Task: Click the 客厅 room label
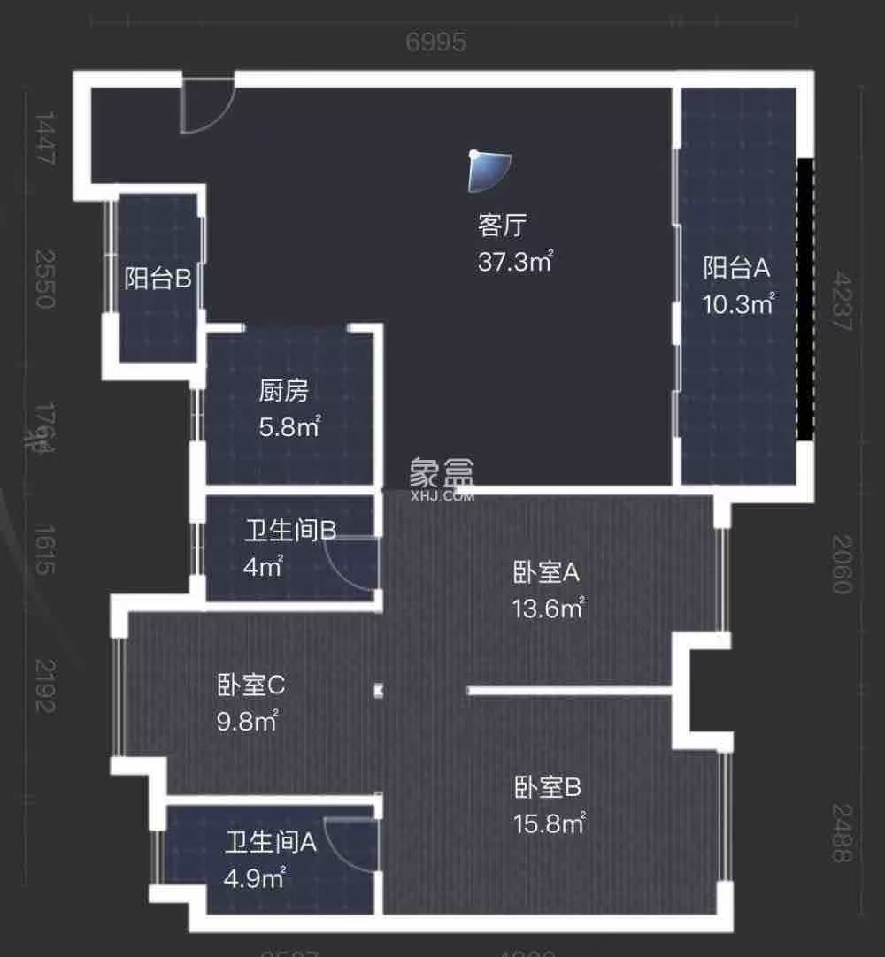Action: (502, 226)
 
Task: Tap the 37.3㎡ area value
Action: (515, 261)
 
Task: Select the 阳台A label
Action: (737, 267)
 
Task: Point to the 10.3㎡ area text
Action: (738, 304)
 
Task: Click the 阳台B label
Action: (158, 279)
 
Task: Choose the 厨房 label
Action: (283, 390)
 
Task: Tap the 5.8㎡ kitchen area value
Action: (289, 427)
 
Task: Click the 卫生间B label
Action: (290, 530)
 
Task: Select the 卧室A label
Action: (546, 572)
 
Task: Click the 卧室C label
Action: (250, 685)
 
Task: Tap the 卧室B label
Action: (547, 786)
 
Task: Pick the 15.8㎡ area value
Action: (549, 823)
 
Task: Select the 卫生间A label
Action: (270, 842)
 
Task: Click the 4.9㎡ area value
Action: (254, 878)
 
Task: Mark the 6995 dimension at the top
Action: (435, 42)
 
